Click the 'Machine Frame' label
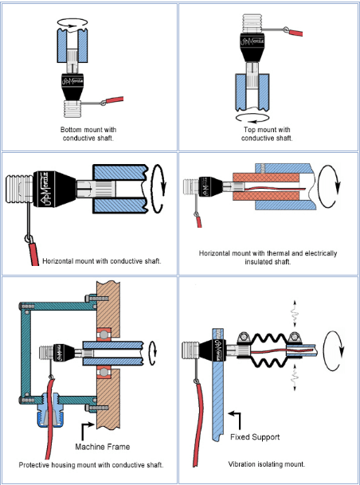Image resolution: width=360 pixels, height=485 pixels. click(x=103, y=447)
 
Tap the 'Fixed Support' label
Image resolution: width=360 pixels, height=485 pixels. click(x=255, y=437)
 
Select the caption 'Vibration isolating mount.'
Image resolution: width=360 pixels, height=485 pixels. click(x=267, y=464)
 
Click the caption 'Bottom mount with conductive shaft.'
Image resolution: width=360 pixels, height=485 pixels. click(x=88, y=134)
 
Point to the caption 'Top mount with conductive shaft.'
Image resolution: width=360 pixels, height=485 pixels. click(x=267, y=134)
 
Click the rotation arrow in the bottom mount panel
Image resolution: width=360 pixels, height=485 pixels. click(x=72, y=23)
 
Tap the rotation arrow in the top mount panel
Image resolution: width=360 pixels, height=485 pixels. click(x=252, y=119)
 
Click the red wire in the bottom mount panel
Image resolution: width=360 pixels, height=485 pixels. click(x=115, y=100)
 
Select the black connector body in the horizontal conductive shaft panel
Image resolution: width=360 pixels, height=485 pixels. click(x=54, y=189)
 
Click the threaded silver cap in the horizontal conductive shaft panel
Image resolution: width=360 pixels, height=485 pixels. click(x=19, y=189)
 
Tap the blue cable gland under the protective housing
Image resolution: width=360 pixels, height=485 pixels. click(x=47, y=414)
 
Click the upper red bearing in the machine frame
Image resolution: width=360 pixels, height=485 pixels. click(x=104, y=335)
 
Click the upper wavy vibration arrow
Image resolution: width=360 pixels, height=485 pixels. click(x=294, y=313)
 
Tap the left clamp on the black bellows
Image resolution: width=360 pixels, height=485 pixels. click(x=244, y=340)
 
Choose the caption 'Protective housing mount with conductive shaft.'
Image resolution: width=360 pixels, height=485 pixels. click(x=91, y=465)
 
